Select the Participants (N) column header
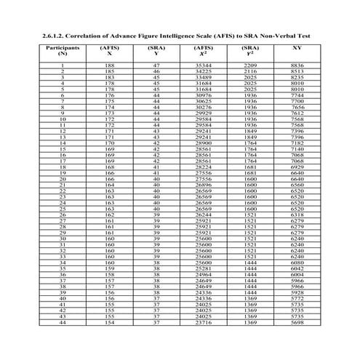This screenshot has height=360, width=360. point(63,50)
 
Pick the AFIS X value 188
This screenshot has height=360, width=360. point(110,66)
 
